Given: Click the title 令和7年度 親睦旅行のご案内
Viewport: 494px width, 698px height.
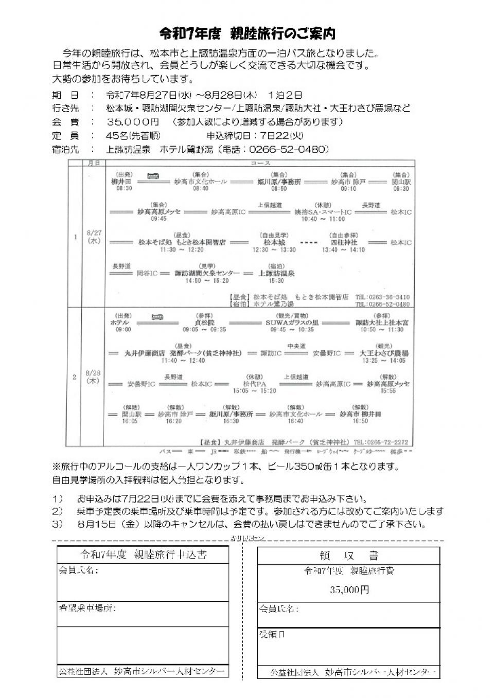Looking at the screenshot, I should pyautogui.click(x=248, y=34).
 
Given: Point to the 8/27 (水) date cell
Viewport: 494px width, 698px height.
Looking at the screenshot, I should pyautogui.click(x=94, y=237).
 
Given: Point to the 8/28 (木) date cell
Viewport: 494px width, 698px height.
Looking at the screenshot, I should pyautogui.click(x=93, y=377).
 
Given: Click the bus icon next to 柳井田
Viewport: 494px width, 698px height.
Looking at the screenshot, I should pyautogui.click(x=153, y=175).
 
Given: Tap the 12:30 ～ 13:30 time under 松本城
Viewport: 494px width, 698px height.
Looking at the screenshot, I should pyautogui.click(x=274, y=250).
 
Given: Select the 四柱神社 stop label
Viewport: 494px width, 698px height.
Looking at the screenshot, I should pyautogui.click(x=344, y=242).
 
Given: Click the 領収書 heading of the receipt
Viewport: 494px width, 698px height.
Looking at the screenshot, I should pyautogui.click(x=347, y=556).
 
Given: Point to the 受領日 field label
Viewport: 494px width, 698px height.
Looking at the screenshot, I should pyautogui.click(x=272, y=635).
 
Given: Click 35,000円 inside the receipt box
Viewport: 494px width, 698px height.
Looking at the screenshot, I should pyautogui.click(x=349, y=590).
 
